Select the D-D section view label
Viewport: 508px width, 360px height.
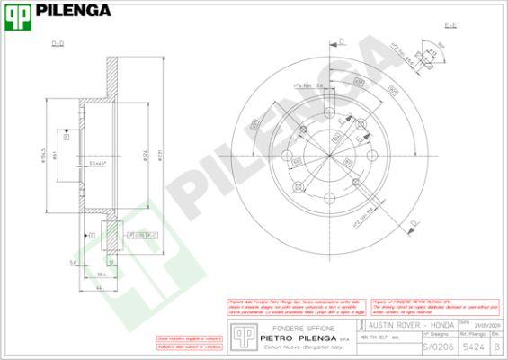(58, 42)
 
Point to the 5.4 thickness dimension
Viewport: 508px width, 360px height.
(73, 262)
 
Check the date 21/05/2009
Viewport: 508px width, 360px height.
(495, 326)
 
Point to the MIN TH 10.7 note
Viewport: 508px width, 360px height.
(379, 337)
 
